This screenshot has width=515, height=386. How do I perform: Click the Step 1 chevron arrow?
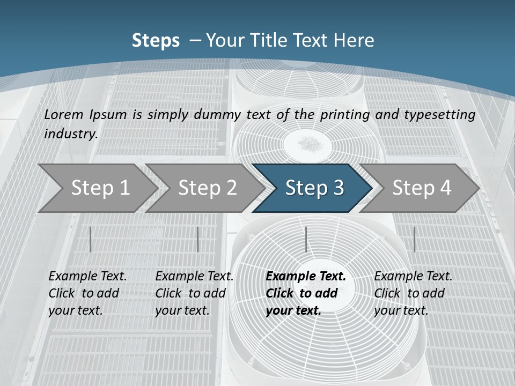pyautogui.click(x=100, y=188)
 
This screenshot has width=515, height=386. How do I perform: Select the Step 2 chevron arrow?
pyautogui.click(x=207, y=188)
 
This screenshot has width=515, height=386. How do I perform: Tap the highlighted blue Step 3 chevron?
pyautogui.click(x=314, y=188)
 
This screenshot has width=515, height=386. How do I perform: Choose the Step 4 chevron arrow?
pyautogui.click(x=422, y=188)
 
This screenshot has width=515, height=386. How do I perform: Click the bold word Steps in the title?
pyautogui.click(x=156, y=41)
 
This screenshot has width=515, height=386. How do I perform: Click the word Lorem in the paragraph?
pyautogui.click(x=64, y=114)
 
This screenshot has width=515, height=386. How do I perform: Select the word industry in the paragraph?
pyautogui.click(x=70, y=133)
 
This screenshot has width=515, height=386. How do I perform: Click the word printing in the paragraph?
pyautogui.click(x=345, y=114)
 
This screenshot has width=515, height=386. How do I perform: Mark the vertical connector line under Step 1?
pyautogui.click(x=90, y=239)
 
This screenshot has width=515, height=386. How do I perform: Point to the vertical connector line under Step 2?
pyautogui.click(x=197, y=239)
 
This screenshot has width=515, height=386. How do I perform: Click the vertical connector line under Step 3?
pyautogui.click(x=306, y=239)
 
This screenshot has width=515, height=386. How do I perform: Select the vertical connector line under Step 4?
pyautogui.click(x=414, y=239)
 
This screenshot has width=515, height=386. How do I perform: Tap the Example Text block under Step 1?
pyautogui.click(x=87, y=293)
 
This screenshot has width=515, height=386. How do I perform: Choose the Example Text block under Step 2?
pyautogui.click(x=194, y=293)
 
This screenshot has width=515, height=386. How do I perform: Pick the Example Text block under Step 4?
pyautogui.click(x=413, y=293)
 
